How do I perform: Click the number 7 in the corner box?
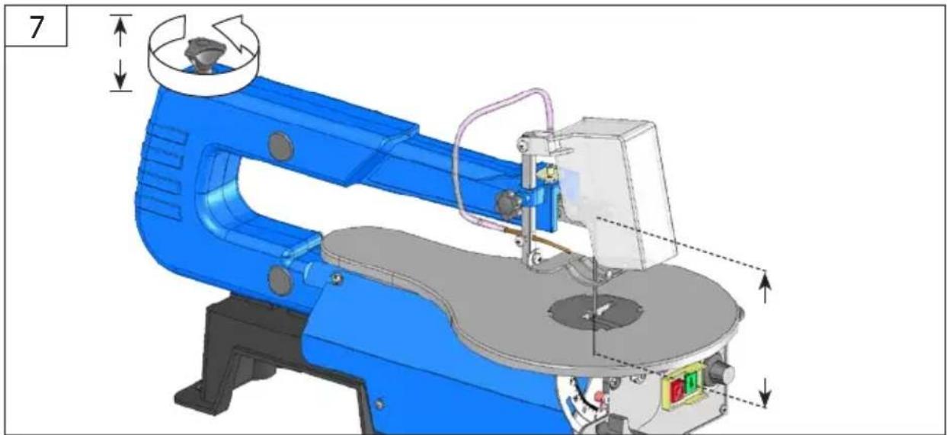tap(37, 27)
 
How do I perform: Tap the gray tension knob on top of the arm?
tap(203, 55)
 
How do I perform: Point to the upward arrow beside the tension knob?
tap(121, 33)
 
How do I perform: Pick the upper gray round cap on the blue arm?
tap(280, 146)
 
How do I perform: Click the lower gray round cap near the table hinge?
tap(280, 280)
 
